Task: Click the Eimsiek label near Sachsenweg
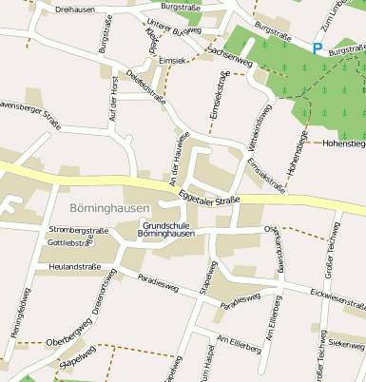tap(172, 60)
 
